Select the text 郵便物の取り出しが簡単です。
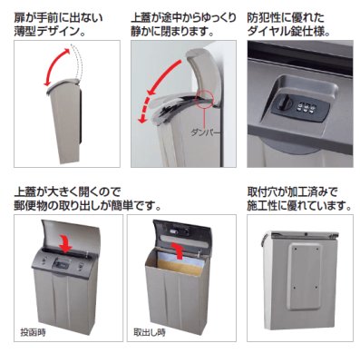pos(86,205)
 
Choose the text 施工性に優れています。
pos(299,205)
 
